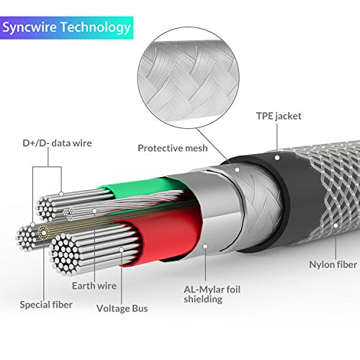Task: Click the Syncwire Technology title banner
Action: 68,27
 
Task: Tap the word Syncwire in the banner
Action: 32,27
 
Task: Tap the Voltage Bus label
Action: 122,309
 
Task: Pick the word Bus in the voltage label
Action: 139,309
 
